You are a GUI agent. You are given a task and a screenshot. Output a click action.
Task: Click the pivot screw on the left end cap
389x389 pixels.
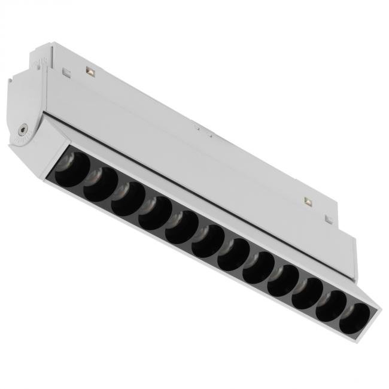pos(23,128)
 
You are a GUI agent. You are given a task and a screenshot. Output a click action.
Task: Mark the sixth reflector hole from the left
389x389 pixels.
pos(208,241)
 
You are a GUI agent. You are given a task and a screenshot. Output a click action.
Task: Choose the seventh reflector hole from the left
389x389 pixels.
pos(234,254)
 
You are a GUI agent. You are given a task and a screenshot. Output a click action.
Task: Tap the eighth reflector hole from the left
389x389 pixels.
pos(259,268)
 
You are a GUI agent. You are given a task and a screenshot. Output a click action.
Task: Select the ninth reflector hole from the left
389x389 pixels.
pos(283,281)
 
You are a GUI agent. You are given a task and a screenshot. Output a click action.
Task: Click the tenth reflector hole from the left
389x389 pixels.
pos(308,293)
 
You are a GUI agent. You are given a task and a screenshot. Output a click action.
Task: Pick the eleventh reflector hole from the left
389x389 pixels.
pos(331,306)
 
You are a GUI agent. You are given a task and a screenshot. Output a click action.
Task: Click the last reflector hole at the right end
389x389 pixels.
pos(354,318)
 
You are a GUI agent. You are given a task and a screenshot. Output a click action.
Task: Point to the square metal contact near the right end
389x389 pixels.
pos(308,202)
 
